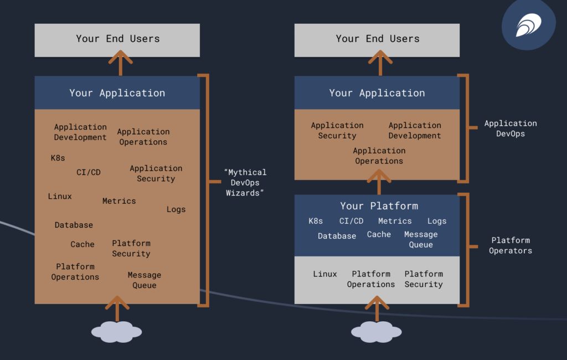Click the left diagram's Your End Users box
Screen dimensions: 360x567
pyautogui.click(x=117, y=39)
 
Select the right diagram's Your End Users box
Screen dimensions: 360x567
pyautogui.click(x=377, y=39)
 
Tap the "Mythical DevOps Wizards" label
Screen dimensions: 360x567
pyautogui.click(x=245, y=183)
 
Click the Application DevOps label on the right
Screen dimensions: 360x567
pyautogui.click(x=511, y=128)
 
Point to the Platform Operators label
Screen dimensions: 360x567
pyautogui.click(x=510, y=245)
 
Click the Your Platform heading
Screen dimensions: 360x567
pyautogui.click(x=379, y=206)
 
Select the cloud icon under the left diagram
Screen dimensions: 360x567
pyautogui.click(x=116, y=332)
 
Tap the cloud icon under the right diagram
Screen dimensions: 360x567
pyautogui.click(x=377, y=332)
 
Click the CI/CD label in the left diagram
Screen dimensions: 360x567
pyautogui.click(x=89, y=172)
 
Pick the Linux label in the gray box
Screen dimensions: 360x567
pyautogui.click(x=324, y=274)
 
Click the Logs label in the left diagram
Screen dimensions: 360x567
pyautogui.click(x=176, y=209)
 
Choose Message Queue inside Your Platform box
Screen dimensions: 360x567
pyautogui.click(x=421, y=240)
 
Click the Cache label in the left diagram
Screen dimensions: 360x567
pyautogui.click(x=83, y=244)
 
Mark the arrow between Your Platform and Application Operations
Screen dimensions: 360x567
pyautogui.click(x=379, y=182)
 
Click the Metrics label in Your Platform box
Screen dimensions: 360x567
pyautogui.click(x=395, y=221)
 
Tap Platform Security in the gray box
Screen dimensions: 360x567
pyautogui.click(x=424, y=279)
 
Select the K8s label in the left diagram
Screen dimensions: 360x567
pyautogui.click(x=58, y=158)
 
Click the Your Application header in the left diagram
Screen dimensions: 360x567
pyautogui.click(x=117, y=93)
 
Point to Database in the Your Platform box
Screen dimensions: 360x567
pyautogui.click(x=337, y=236)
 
